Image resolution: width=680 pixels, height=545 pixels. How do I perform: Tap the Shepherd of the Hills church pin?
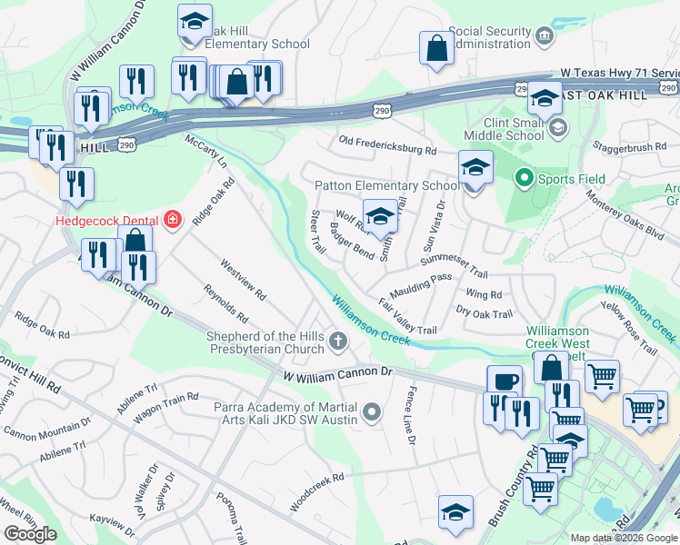(x=338, y=342)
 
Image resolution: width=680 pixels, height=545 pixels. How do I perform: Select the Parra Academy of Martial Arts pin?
(x=371, y=414)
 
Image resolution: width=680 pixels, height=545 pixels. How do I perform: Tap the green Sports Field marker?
(x=524, y=179)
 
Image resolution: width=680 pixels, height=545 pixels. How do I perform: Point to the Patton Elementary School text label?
(x=387, y=185)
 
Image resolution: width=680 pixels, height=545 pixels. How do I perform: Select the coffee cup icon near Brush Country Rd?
(x=505, y=381)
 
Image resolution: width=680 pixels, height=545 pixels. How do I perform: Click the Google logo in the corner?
(x=31, y=534)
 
